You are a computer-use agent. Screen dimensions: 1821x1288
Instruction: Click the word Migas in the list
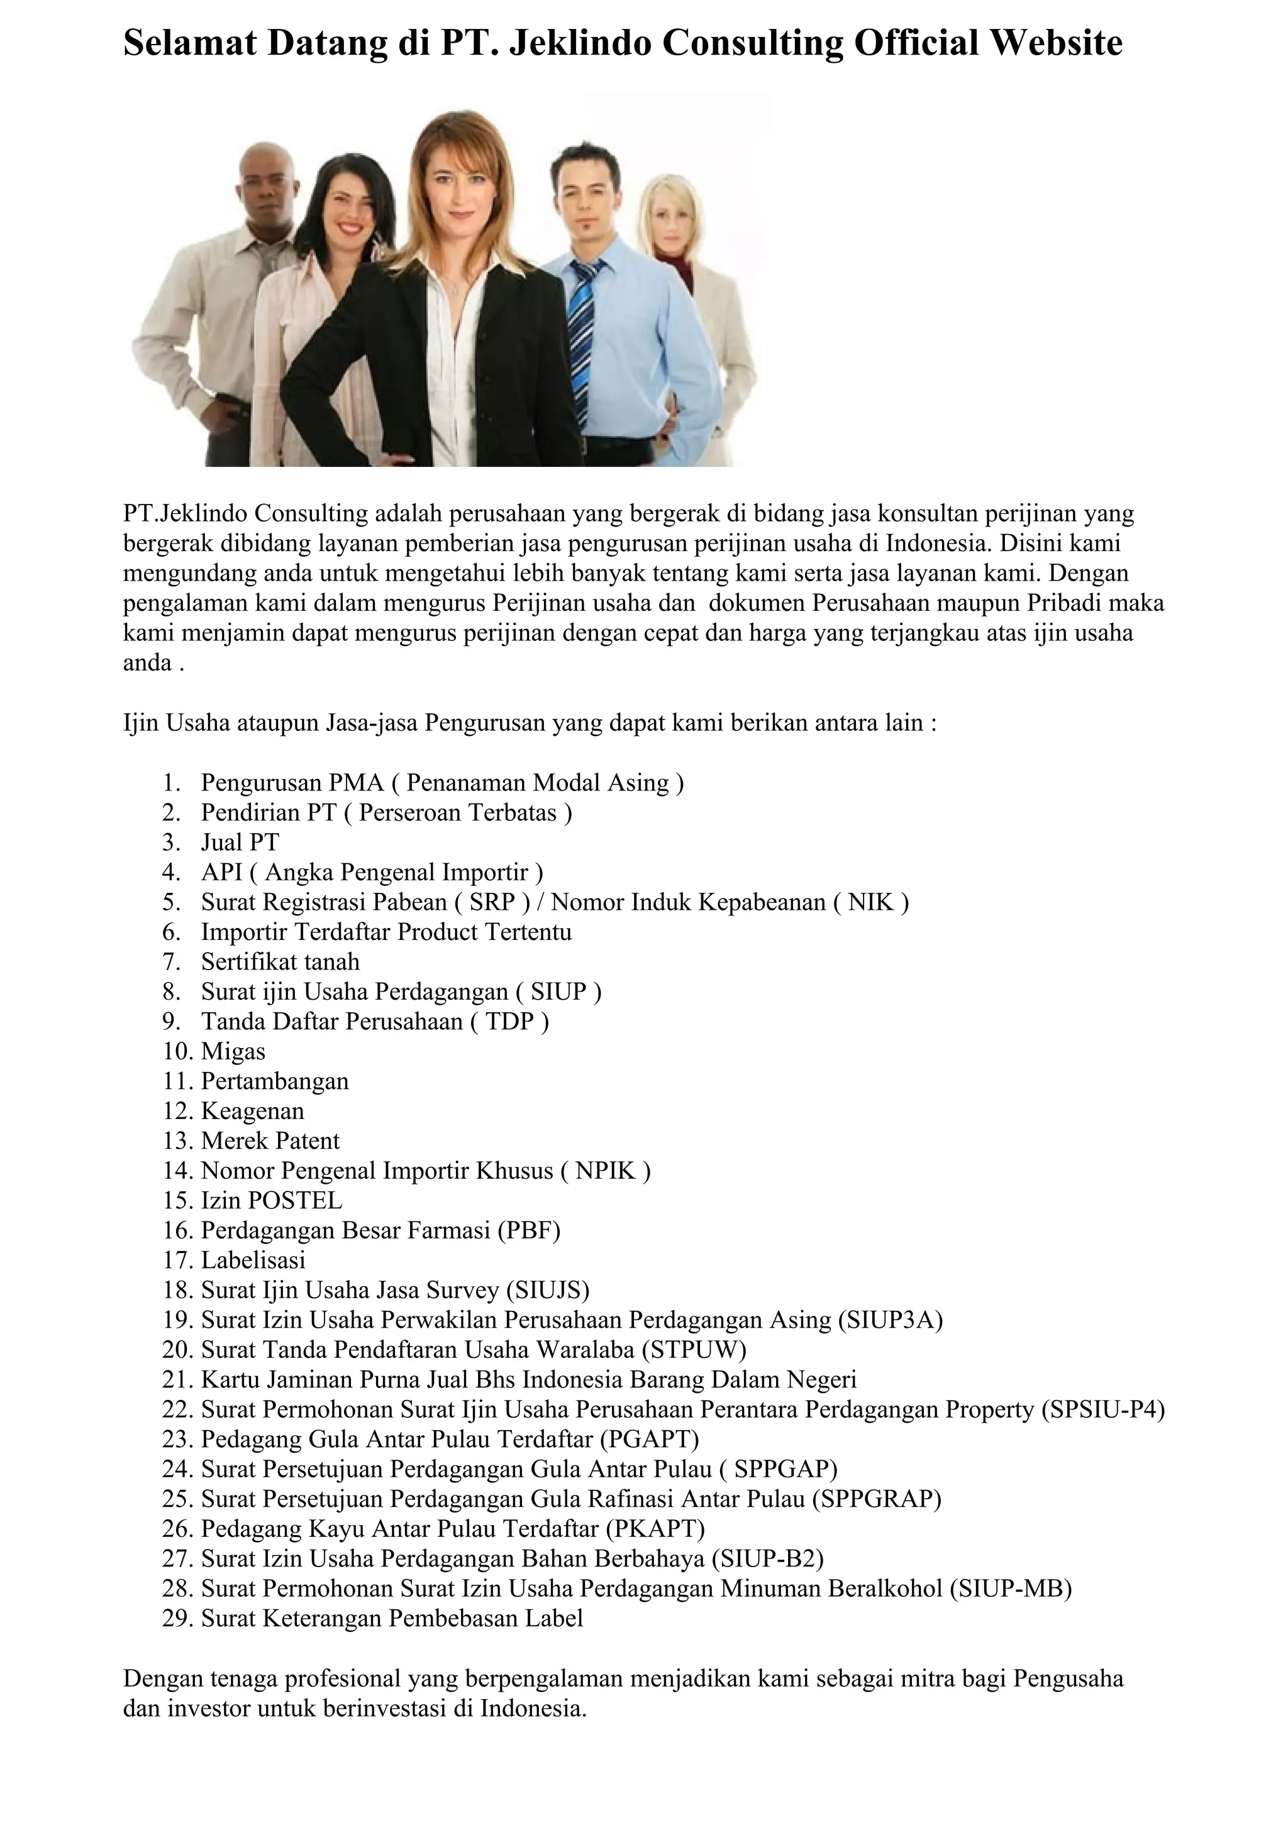(x=233, y=1052)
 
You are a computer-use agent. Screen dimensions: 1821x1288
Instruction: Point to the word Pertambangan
(x=275, y=1081)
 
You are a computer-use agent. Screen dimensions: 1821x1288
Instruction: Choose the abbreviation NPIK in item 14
(x=606, y=1171)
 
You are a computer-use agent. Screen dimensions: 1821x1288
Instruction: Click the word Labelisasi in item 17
(x=253, y=1260)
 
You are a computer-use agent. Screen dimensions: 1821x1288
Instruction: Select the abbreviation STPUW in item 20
(x=694, y=1350)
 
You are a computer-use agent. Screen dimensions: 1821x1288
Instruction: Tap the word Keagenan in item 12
(x=252, y=1111)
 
